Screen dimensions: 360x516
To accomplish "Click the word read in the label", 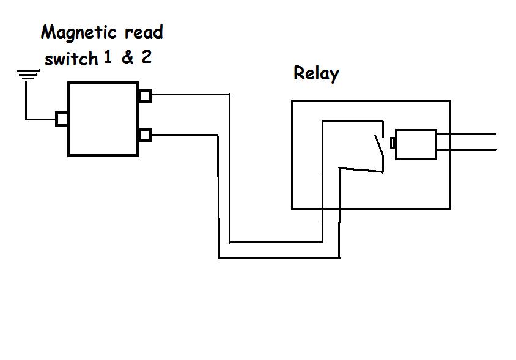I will [144, 32].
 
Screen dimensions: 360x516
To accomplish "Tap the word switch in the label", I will [71, 58].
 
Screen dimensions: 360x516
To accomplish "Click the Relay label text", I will [316, 74].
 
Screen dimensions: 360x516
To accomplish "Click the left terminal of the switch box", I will [61, 119].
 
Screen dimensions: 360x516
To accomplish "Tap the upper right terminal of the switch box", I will [145, 95].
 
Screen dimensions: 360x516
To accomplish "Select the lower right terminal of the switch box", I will [145, 134].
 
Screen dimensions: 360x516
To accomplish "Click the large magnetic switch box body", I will [103, 119].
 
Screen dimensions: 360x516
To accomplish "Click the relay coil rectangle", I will [416, 144].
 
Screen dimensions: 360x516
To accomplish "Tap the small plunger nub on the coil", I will [393, 143].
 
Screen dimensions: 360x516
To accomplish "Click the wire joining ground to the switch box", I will [40, 119].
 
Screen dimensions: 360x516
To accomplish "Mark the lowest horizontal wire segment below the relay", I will [278, 258].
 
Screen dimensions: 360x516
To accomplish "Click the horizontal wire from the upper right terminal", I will [190, 95].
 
